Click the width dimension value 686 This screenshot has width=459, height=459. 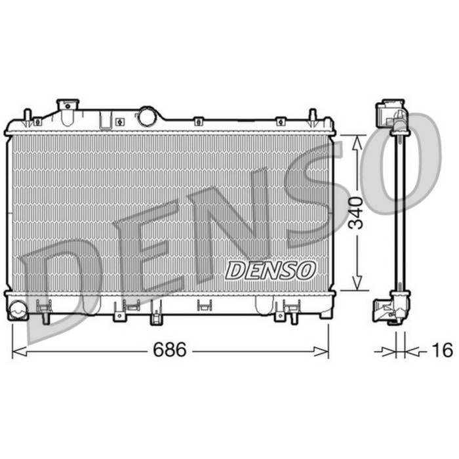pyautogui.click(x=170, y=349)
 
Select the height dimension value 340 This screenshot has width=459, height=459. pyautogui.click(x=357, y=213)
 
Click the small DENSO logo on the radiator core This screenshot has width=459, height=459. pyautogui.click(x=270, y=270)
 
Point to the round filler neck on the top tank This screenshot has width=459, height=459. pyautogui.click(x=148, y=117)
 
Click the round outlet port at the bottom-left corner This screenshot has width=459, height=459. pyautogui.click(x=18, y=309)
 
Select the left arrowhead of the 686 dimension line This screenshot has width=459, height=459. pyautogui.click(x=19, y=351)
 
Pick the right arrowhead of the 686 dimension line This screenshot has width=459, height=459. pyautogui.click(x=321, y=351)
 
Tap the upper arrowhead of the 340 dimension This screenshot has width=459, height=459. pyautogui.click(x=357, y=143)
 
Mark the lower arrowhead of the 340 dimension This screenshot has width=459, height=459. pyautogui.click(x=357, y=283)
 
